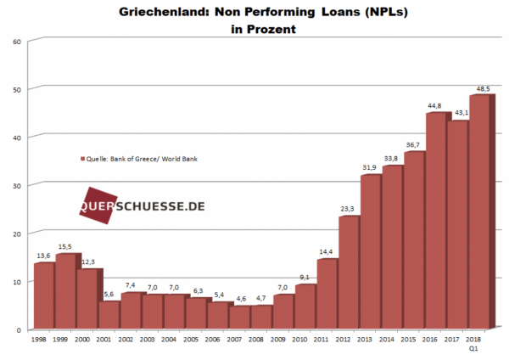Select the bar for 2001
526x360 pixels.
point(109,315)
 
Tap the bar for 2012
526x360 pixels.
point(349,272)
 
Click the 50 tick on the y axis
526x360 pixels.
point(17,88)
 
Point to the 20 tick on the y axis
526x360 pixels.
point(17,233)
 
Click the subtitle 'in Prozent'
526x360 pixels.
point(263,29)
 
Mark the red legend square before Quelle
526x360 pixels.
point(82,159)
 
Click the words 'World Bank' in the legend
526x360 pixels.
point(188,159)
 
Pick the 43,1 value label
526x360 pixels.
point(458,113)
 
